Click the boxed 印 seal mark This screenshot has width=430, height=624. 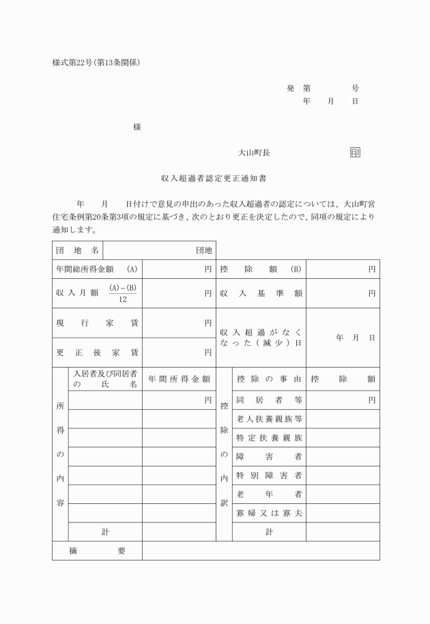click(355, 153)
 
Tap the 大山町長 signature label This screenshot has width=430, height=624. click(254, 153)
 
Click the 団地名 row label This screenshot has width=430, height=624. click(76, 250)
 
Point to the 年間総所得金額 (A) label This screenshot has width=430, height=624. click(97, 269)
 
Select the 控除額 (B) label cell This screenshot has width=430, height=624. click(261, 269)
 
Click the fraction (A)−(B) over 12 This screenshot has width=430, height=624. click(123, 293)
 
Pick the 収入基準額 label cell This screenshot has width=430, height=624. click(261, 293)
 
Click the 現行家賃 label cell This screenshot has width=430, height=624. click(97, 323)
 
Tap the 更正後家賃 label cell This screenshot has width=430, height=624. click(97, 353)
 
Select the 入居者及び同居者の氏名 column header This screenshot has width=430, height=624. click(105, 379)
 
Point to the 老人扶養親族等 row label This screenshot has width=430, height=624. click(269, 418)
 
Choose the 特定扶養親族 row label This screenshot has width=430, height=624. click(269, 437)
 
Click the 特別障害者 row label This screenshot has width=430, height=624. click(269, 475)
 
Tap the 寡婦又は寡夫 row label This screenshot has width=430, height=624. click(269, 512)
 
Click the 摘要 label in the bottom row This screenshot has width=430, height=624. click(97, 550)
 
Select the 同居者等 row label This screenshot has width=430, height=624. click(269, 400)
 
